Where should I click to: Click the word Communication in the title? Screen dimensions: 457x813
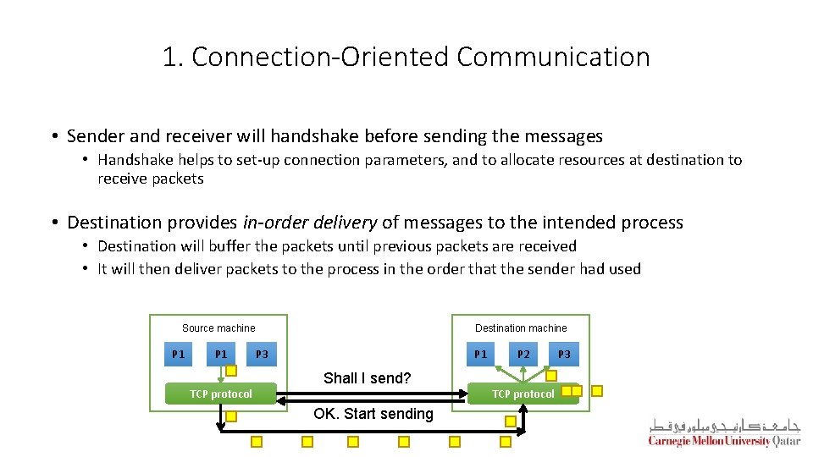click(x=554, y=57)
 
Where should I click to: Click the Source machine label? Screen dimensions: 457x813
click(x=218, y=328)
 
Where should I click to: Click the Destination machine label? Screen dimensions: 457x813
click(x=521, y=328)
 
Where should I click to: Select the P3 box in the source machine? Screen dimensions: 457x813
click(x=262, y=354)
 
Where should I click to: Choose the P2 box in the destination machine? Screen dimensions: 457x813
click(x=523, y=354)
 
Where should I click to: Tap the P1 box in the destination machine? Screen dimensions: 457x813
click(x=480, y=354)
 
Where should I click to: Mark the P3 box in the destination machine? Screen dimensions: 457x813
click(x=564, y=354)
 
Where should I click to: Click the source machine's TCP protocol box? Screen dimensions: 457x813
click(x=221, y=394)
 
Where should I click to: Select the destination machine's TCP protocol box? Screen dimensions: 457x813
click(x=523, y=394)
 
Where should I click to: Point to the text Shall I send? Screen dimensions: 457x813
click(x=367, y=378)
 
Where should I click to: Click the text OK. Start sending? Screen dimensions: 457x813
click(x=373, y=414)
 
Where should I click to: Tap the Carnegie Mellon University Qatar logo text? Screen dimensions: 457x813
click(x=724, y=441)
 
